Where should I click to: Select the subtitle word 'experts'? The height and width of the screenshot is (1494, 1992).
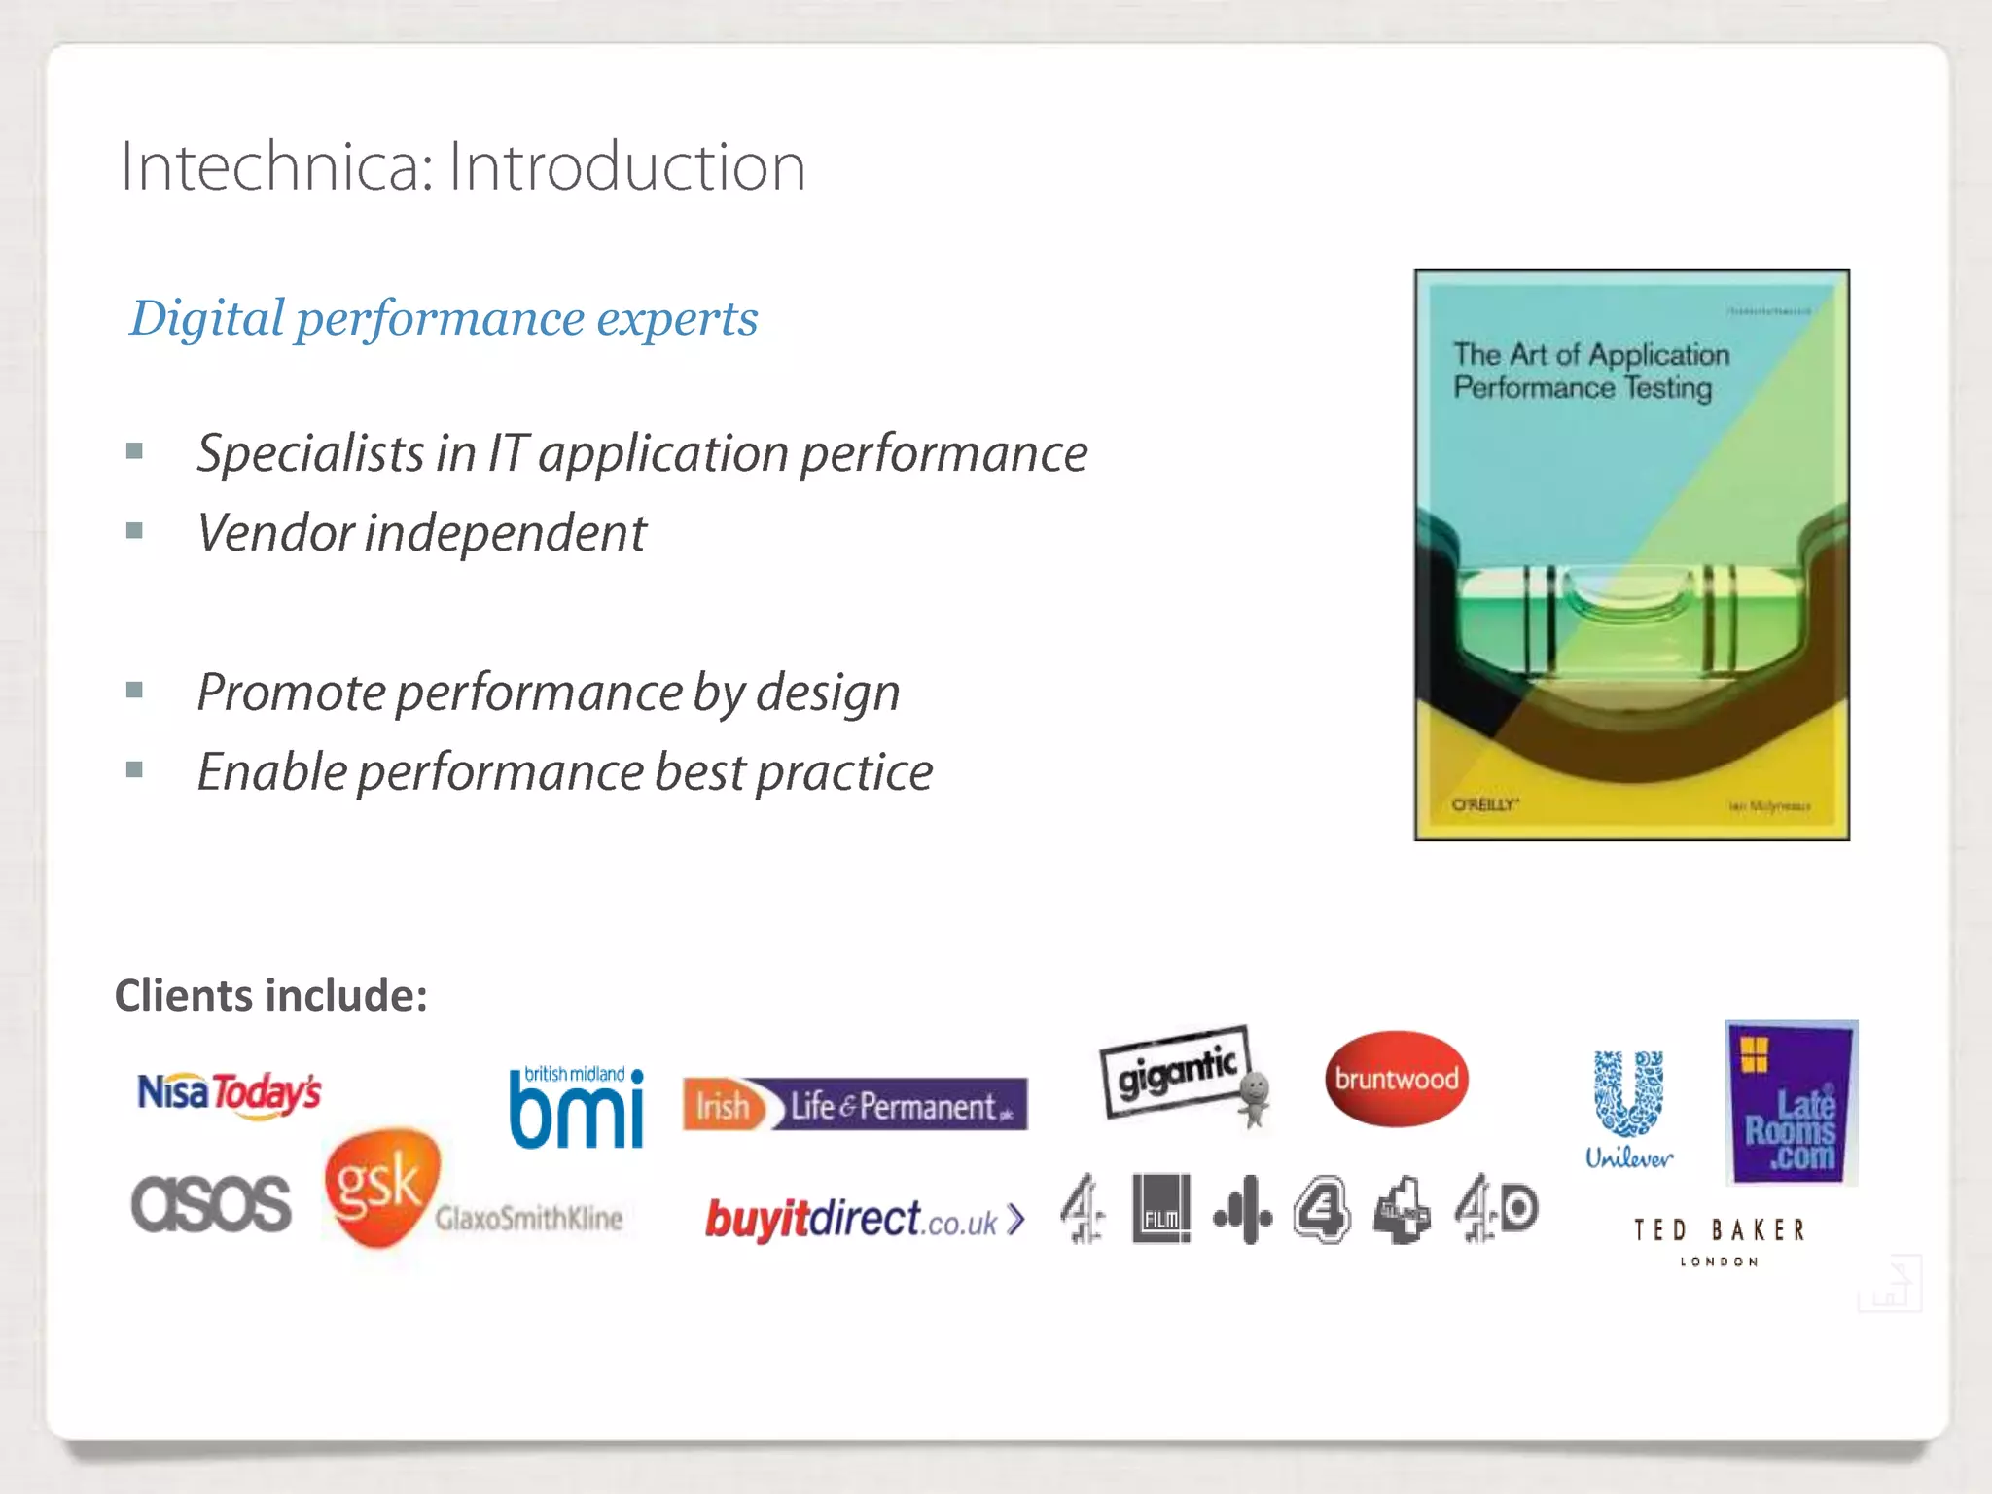click(677, 318)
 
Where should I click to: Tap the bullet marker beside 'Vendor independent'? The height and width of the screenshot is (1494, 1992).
click(134, 531)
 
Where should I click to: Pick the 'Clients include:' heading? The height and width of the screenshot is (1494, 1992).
click(271, 996)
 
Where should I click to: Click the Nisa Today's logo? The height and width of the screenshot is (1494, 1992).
click(229, 1093)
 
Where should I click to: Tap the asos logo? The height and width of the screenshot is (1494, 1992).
click(211, 1203)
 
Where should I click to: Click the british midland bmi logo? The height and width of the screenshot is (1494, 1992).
click(577, 1108)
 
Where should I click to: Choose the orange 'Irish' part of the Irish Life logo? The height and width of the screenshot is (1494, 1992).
click(723, 1106)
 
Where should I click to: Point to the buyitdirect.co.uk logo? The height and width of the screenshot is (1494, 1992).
click(865, 1220)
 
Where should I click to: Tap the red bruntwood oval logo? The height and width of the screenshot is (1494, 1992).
click(1396, 1079)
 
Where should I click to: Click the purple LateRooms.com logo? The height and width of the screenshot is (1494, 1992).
click(1791, 1103)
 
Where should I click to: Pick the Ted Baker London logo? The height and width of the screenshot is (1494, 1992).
click(1719, 1240)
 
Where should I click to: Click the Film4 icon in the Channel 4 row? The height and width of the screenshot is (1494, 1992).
click(1161, 1209)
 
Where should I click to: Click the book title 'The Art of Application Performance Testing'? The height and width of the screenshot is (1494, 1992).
click(1591, 371)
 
